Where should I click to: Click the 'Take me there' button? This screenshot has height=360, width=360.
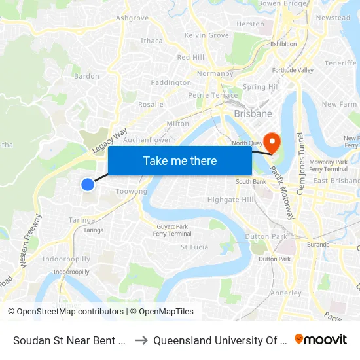180,161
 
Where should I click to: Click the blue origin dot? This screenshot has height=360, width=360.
88,185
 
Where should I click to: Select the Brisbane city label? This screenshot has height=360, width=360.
253,113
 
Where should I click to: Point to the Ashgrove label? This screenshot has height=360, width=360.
132,18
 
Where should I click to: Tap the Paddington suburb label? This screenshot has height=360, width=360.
171,82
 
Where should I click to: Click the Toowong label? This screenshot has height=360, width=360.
131,192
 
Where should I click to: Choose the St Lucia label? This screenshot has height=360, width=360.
194,247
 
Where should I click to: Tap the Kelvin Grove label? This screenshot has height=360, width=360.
207,35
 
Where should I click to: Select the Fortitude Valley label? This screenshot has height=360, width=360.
293,70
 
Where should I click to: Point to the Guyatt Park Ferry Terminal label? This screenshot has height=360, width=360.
171,230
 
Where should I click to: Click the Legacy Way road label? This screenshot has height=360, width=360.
109,141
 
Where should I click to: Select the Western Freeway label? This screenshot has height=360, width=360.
31,240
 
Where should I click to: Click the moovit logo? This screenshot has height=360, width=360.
321,340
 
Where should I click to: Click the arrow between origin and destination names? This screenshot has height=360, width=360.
141,340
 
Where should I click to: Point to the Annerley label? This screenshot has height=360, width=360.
285,293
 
